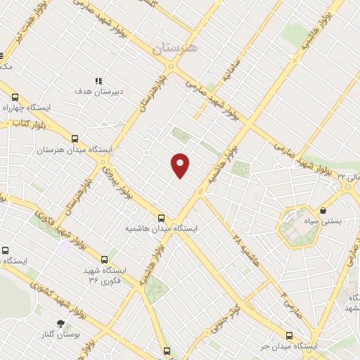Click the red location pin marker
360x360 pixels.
click(x=181, y=165)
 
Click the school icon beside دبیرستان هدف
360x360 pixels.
click(x=99, y=81)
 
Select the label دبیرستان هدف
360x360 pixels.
click(x=99, y=91)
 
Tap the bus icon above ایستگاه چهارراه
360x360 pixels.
click(x=14, y=98)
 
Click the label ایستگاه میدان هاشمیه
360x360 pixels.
click(x=162, y=229)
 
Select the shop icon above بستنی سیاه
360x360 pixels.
click(x=323, y=210)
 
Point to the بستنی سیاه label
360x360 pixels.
click(x=326, y=221)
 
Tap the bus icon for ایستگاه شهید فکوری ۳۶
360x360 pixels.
click(x=105, y=258)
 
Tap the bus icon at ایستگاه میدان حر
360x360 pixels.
click(x=288, y=335)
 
